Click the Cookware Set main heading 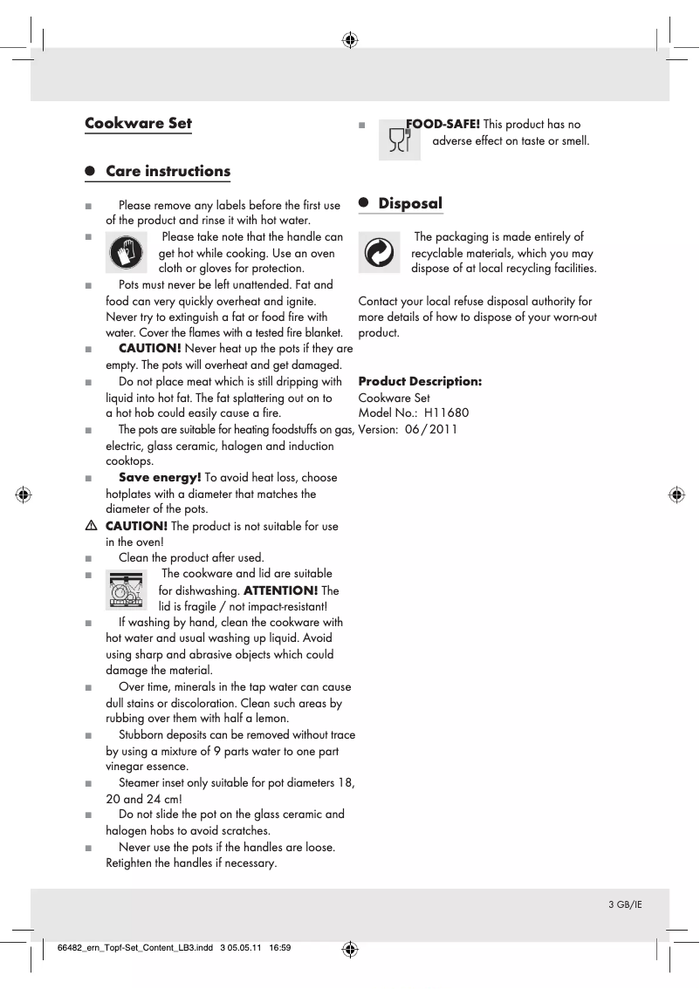pos(138,123)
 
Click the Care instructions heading pos(168,171)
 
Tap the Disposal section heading pos(410,203)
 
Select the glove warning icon pos(127,253)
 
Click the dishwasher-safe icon pos(127,589)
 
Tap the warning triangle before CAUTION pos(92,526)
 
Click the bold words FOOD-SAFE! pos(443,125)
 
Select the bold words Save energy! pos(160,477)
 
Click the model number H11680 pos(446,413)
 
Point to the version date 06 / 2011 pos(431,429)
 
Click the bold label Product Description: pos(420,382)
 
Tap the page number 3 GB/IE pos(625,904)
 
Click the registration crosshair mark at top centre pos(350,39)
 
